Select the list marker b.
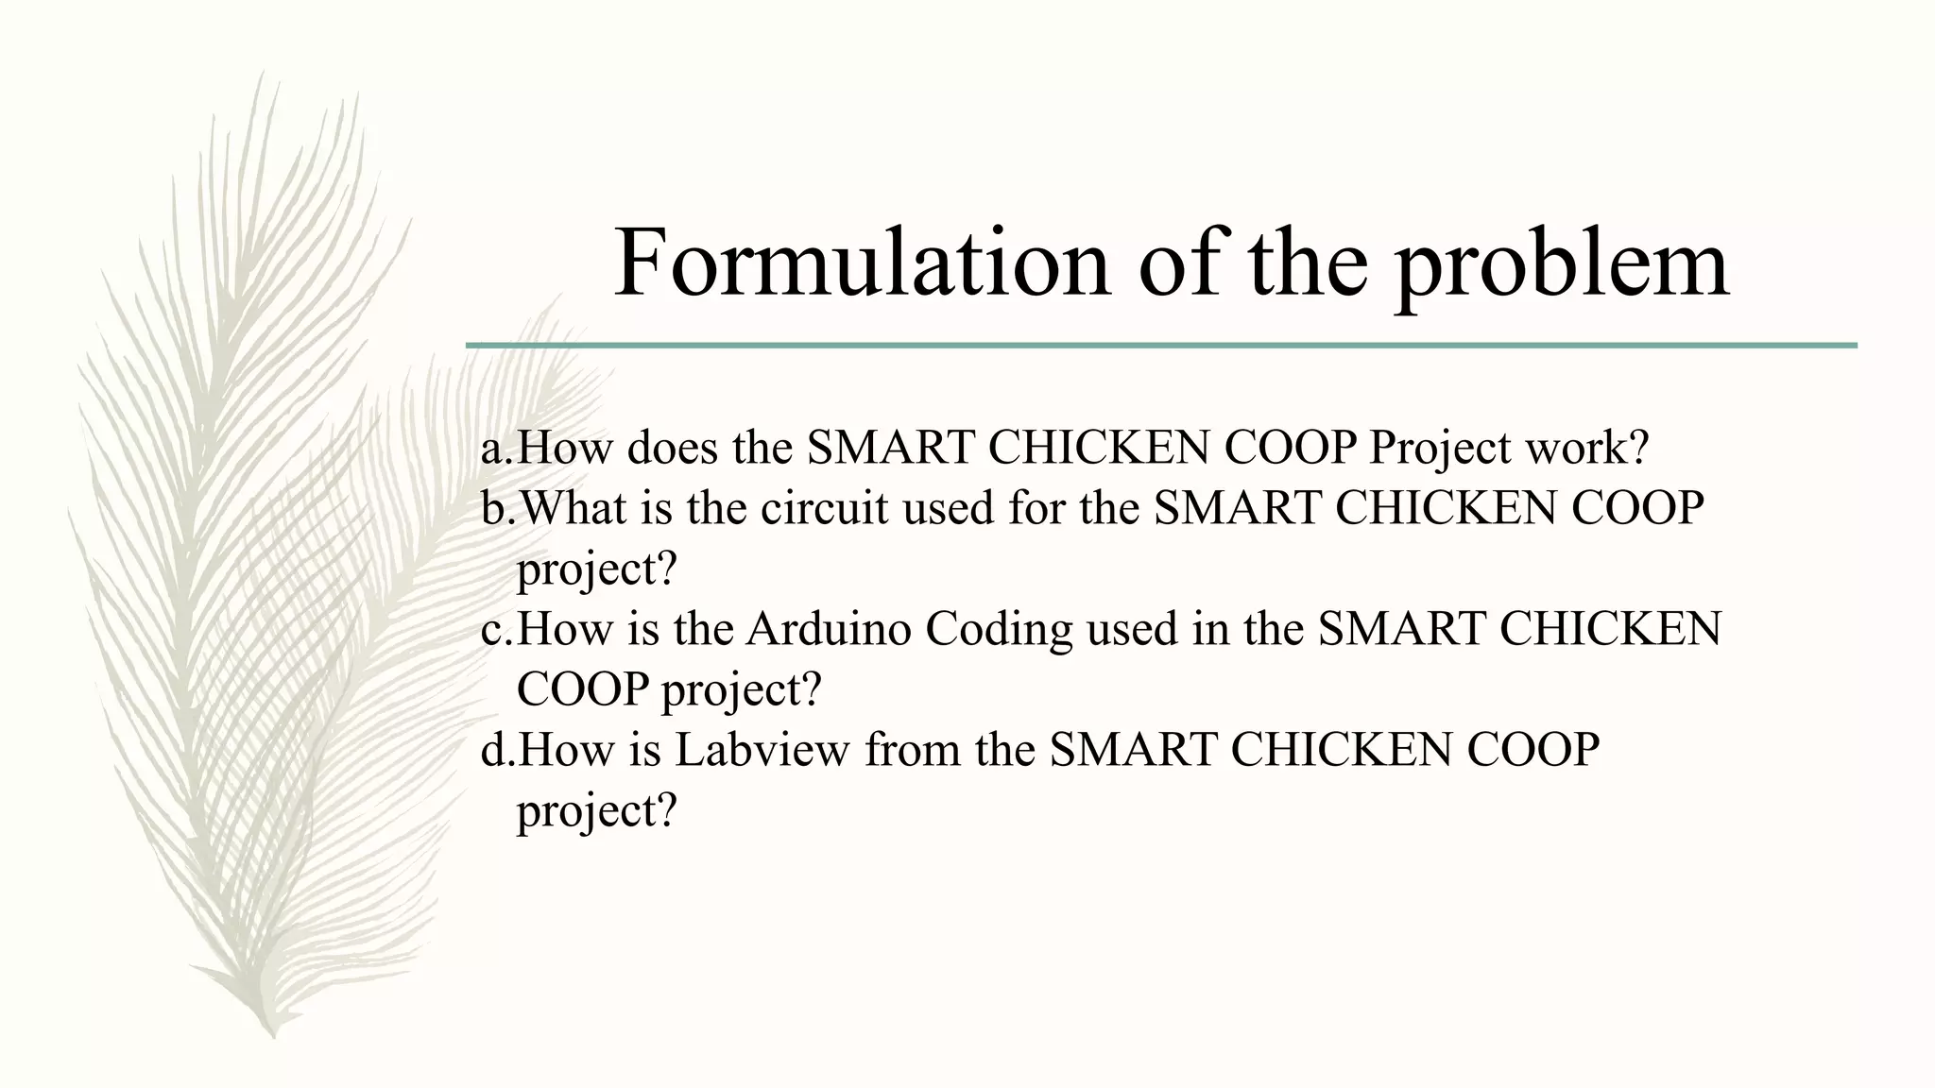pyautogui.click(x=497, y=508)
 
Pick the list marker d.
pyautogui.click(x=497, y=751)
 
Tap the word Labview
pyautogui.click(x=762, y=751)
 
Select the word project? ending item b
pyautogui.click(x=597, y=570)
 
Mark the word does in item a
pyautogui.click(x=672, y=448)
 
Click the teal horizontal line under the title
pyautogui.click(x=1160, y=346)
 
